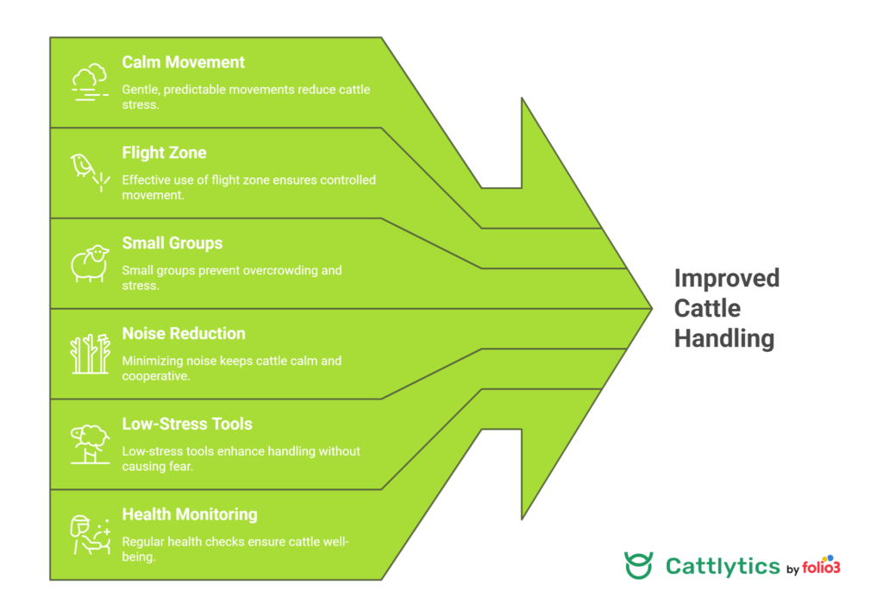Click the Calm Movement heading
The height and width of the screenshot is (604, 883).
pyautogui.click(x=183, y=62)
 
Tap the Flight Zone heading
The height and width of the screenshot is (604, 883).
pyautogui.click(x=164, y=153)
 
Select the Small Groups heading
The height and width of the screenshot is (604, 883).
pyautogui.click(x=172, y=243)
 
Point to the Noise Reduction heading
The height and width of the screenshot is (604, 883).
pyautogui.click(x=184, y=334)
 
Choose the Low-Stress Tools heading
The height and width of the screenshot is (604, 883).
pyautogui.click(x=187, y=425)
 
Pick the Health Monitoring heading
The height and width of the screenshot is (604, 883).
pyautogui.click(x=189, y=514)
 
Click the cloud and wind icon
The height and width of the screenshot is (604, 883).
pyautogui.click(x=90, y=82)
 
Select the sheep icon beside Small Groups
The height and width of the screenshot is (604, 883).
pyautogui.click(x=90, y=263)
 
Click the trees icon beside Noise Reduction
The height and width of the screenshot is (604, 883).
pyautogui.click(x=90, y=354)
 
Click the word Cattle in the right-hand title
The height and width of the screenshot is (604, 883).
pyautogui.click(x=707, y=308)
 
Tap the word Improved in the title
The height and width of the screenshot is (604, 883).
pyautogui.click(x=726, y=279)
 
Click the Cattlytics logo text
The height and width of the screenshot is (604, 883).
pyautogui.click(x=723, y=566)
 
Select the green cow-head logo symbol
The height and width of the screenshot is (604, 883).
pyautogui.click(x=639, y=565)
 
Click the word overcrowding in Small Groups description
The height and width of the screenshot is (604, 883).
pyautogui.click(x=279, y=270)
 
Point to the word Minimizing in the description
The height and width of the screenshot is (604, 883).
pyautogui.click(x=152, y=361)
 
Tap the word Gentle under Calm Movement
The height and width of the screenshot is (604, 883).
pyautogui.click(x=141, y=90)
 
